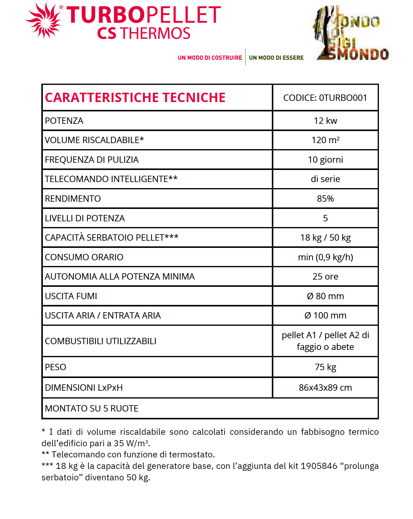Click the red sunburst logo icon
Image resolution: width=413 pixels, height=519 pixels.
coord(44,21)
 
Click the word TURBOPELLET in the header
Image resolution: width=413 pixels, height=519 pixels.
coord(144,15)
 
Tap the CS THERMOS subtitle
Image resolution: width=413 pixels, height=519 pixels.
coord(144,34)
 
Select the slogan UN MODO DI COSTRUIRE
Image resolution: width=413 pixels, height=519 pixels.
coord(210,58)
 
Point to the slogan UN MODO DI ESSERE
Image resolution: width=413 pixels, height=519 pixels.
coord(276,58)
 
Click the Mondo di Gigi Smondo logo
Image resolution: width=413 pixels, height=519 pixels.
coord(351,34)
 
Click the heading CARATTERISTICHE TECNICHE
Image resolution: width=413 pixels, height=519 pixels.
coord(135,98)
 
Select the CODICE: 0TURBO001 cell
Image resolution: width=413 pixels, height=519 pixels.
coord(325,98)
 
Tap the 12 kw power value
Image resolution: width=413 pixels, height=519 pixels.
coord(325,121)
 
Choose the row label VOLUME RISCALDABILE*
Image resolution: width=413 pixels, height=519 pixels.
coord(94,140)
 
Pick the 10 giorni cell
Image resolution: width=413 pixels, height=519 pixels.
coord(325,160)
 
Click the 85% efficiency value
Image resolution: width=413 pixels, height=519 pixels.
coord(325,199)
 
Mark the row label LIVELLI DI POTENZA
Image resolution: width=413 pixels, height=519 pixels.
coord(85,218)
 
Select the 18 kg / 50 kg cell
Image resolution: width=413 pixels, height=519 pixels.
coord(325,238)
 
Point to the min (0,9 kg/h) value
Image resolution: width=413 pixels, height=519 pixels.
coord(325,257)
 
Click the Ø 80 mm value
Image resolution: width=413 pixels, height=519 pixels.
coord(325,296)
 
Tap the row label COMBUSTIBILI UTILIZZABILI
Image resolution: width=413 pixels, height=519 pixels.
coord(100,341)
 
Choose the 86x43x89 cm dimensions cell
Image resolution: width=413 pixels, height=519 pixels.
coord(325,388)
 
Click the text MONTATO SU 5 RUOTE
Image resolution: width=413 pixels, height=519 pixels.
coord(91,408)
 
